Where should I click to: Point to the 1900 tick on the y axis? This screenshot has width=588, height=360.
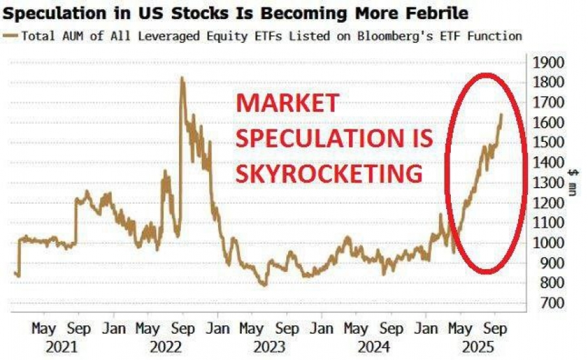[548, 62]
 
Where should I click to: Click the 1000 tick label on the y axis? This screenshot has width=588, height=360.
[548, 243]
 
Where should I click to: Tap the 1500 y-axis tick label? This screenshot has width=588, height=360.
[548, 142]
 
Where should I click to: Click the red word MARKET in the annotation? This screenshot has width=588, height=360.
[288, 104]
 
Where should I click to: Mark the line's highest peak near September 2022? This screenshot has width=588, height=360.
[182, 78]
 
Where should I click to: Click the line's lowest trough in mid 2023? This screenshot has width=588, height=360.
[263, 285]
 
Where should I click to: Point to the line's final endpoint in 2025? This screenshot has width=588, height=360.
[502, 114]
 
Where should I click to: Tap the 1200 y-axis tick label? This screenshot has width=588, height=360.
[548, 203]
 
